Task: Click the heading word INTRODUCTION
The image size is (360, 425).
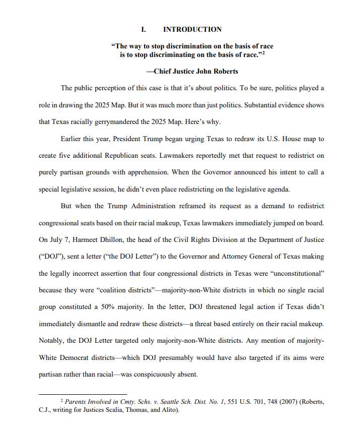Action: pos(192,29)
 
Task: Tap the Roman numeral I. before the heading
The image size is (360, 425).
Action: pos(144,29)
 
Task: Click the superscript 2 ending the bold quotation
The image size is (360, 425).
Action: pos(263,52)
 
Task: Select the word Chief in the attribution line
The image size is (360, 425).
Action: pos(164,71)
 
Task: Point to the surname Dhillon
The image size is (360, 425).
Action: pos(115,239)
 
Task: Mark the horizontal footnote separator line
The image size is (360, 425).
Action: pos(83,394)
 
